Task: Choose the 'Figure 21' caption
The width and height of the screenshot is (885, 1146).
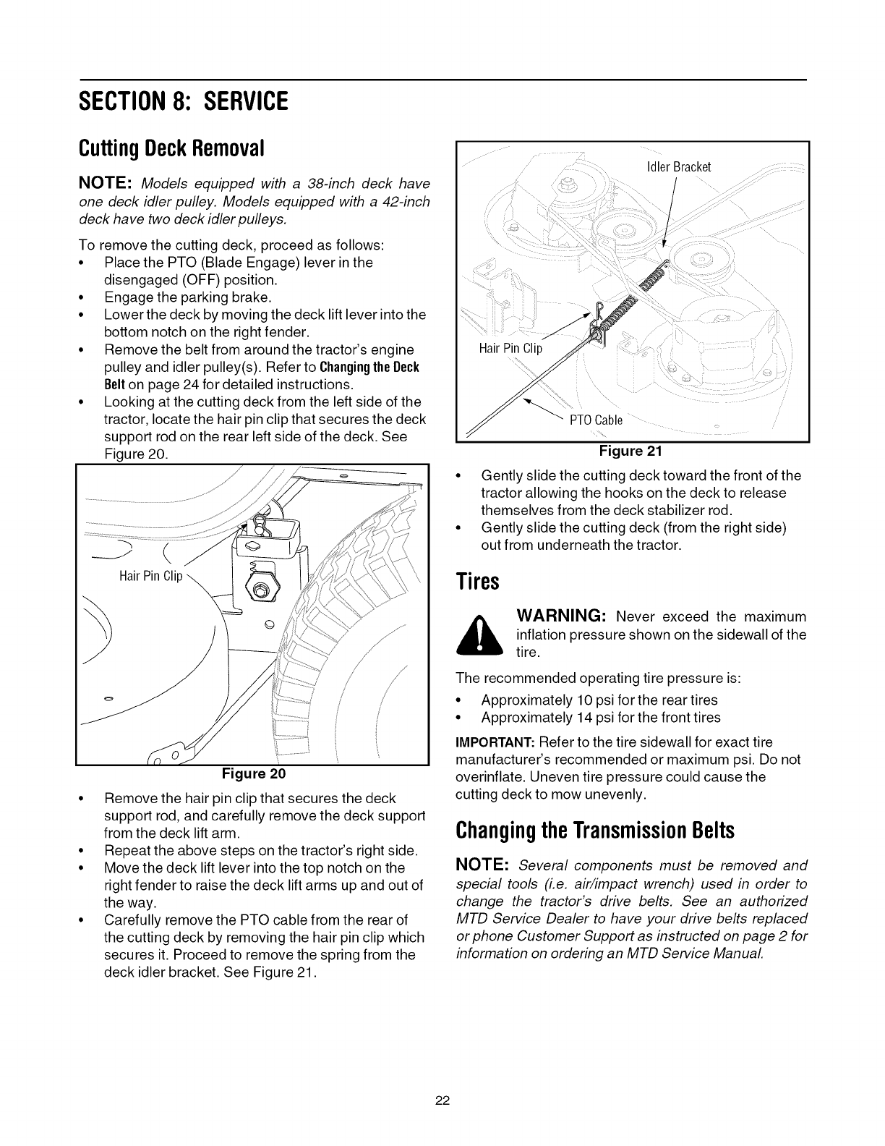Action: click(x=631, y=451)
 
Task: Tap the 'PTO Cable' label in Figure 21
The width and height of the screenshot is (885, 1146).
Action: click(x=600, y=421)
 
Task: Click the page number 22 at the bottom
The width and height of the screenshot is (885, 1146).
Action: click(x=442, y=1102)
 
